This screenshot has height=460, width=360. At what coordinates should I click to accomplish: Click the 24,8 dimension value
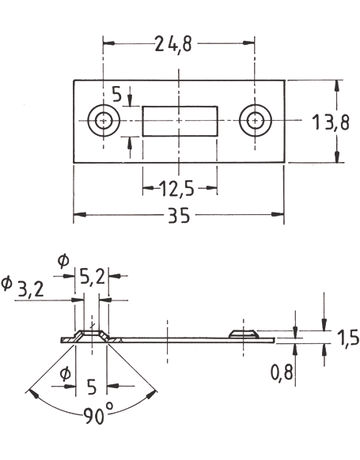[x=174, y=44]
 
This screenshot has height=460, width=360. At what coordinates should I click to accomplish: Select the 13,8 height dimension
[x=331, y=122]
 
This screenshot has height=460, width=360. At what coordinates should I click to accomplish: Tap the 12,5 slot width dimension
[x=177, y=189]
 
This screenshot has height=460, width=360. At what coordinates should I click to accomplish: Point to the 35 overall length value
[x=179, y=215]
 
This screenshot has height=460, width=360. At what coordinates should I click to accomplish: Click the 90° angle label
[x=98, y=414]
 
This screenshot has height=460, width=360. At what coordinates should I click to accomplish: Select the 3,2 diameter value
[x=31, y=289]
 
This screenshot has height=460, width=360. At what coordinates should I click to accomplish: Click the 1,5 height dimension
[x=347, y=338]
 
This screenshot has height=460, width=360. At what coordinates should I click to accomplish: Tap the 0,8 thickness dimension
[x=282, y=372]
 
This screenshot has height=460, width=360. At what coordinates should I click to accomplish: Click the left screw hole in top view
[x=104, y=121]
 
